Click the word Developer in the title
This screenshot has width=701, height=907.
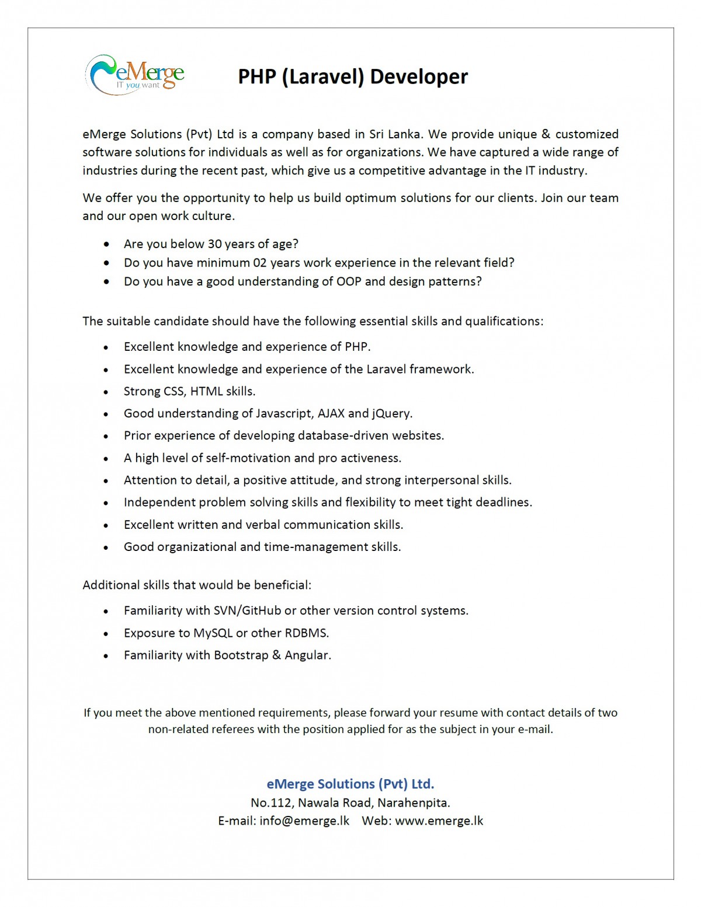click(x=419, y=76)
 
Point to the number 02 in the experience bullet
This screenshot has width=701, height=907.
click(x=259, y=263)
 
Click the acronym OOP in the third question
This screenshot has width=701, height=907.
click(x=349, y=281)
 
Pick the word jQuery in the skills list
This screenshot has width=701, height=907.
click(x=391, y=413)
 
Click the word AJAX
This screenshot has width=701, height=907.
click(x=331, y=413)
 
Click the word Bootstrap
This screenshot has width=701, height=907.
click(x=241, y=655)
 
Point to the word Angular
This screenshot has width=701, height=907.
click(x=307, y=655)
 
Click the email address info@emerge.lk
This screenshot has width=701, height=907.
click(x=304, y=821)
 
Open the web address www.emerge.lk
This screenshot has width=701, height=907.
click(x=439, y=821)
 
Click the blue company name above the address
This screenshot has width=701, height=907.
click(x=350, y=784)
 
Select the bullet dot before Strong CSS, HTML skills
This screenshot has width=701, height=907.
click(x=106, y=392)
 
